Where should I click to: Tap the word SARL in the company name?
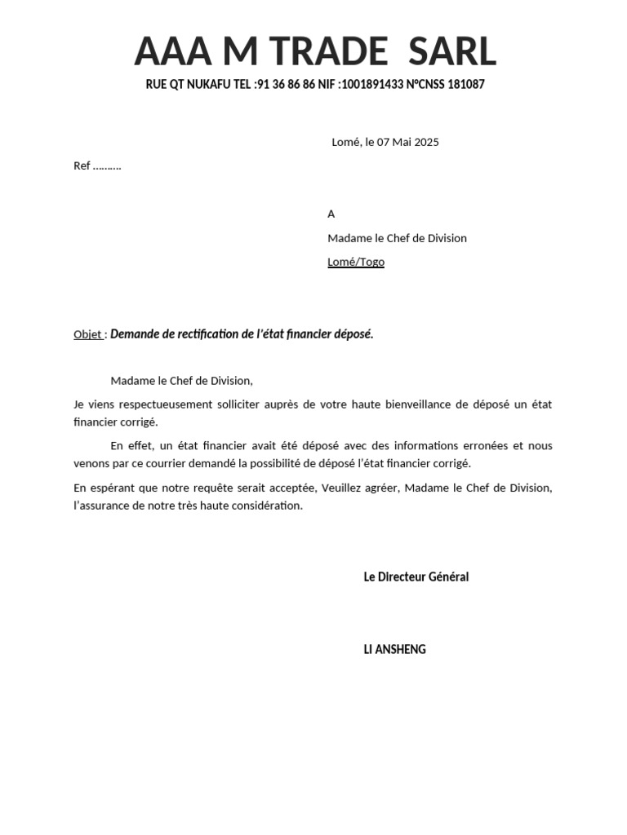point(452,52)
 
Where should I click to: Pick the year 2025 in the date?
point(426,142)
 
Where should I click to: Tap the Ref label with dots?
point(97,166)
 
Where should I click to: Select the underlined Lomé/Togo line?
point(356,262)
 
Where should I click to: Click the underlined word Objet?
point(87,334)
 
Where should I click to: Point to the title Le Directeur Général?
point(416,577)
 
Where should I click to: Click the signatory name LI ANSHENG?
point(394,650)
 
